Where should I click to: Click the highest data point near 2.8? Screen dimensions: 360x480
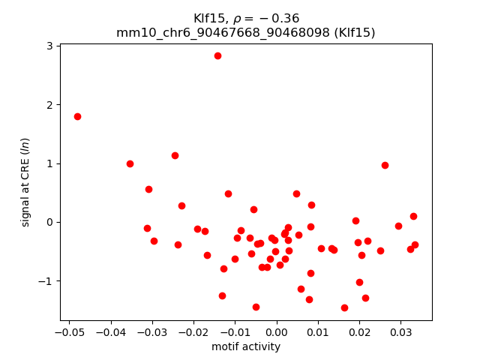217,55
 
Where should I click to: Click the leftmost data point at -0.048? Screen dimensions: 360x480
77,116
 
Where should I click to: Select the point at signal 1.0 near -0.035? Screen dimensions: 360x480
130,163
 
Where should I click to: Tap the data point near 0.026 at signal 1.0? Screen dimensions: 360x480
385,165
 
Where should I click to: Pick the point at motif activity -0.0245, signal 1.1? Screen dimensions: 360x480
175,155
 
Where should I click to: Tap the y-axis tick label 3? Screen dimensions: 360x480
49,46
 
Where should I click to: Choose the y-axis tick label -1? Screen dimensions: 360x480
46,281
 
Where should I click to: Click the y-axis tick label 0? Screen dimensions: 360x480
49,222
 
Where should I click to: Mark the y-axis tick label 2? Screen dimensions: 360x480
49,105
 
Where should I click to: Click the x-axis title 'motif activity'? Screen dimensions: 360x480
246,346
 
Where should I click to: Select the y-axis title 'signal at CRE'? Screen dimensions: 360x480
25,182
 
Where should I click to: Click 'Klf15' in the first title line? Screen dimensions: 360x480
207,18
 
